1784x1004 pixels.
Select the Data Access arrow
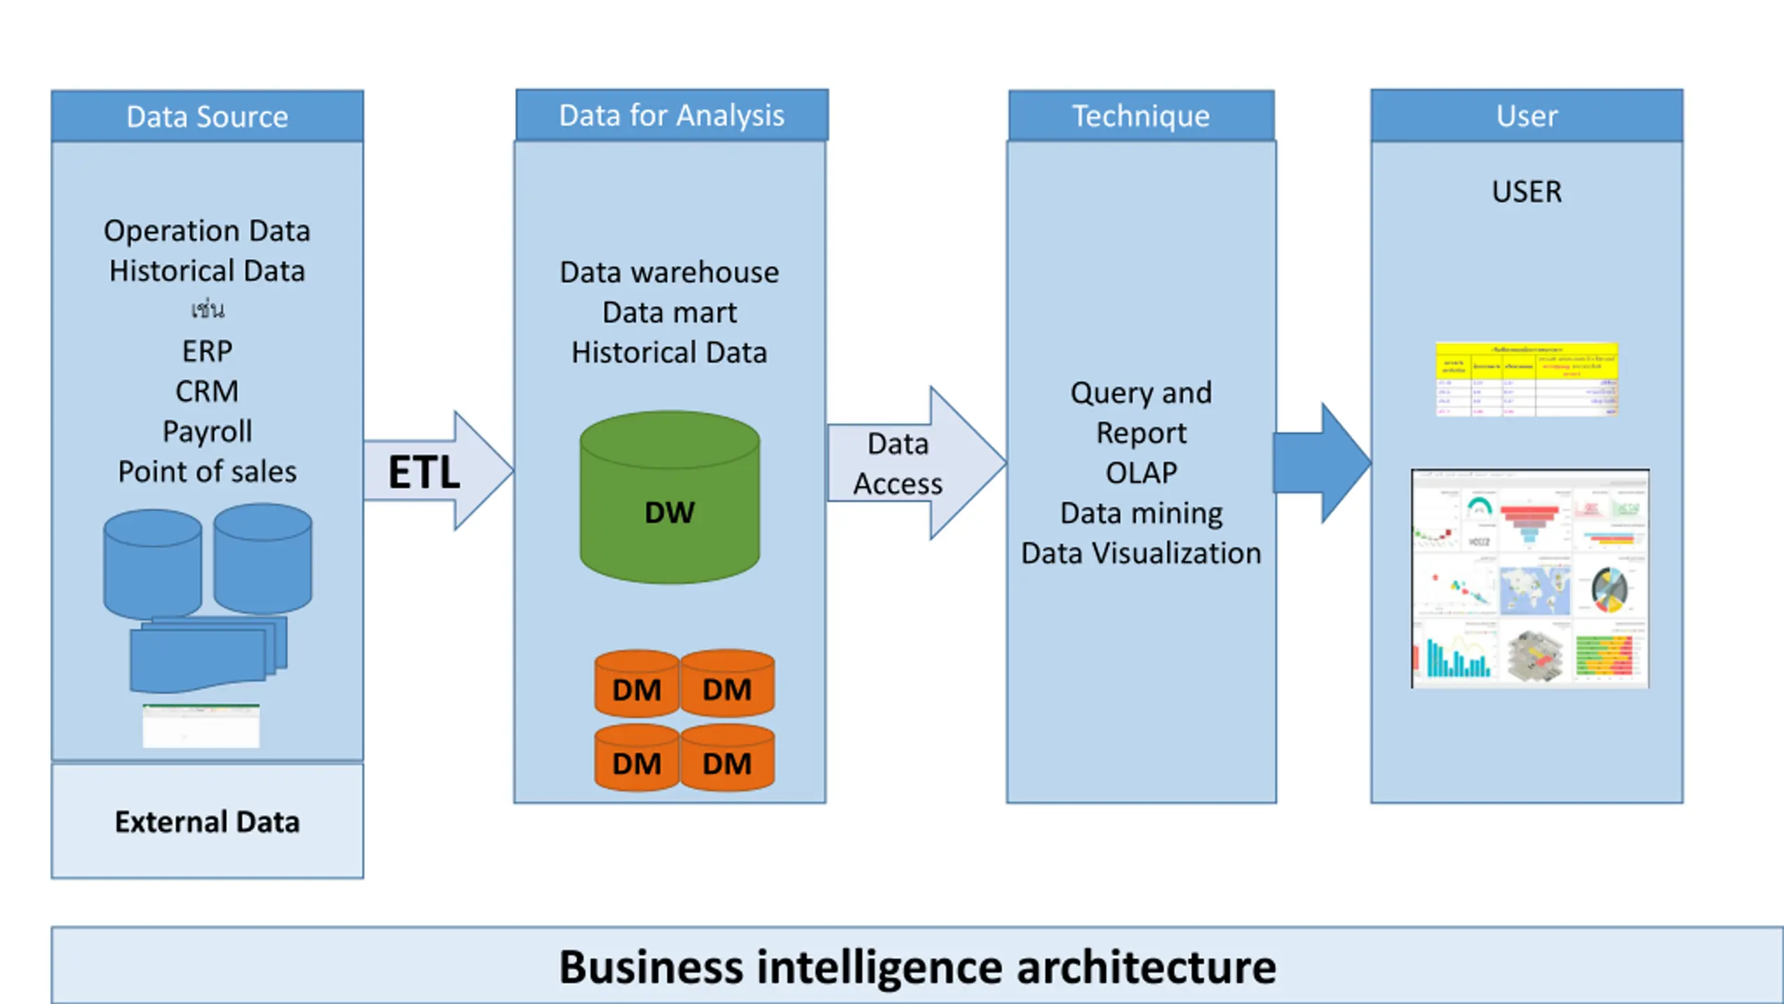pyautogui.click(x=906, y=464)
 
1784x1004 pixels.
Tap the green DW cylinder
pyautogui.click(x=670, y=498)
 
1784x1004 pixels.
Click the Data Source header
pyautogui.click(x=207, y=116)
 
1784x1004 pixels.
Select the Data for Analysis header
pyautogui.click(x=671, y=116)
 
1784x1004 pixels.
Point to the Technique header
pyautogui.click(x=1141, y=116)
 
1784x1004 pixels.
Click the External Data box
pyautogui.click(x=207, y=821)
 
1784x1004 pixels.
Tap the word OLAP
pyautogui.click(x=1141, y=473)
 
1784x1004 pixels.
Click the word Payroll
pyautogui.click(x=207, y=432)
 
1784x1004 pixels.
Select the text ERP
pyautogui.click(x=207, y=351)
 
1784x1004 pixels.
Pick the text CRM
pyautogui.click(x=207, y=391)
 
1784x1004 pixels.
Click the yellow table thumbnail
pyautogui.click(x=1526, y=379)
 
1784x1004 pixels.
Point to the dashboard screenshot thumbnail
pyautogui.click(x=1530, y=579)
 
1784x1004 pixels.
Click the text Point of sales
pyautogui.click(x=207, y=472)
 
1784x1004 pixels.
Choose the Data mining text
pyautogui.click(x=1141, y=513)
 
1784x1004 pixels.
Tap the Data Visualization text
pyautogui.click(x=1141, y=554)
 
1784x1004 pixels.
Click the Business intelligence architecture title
pyautogui.click(x=917, y=967)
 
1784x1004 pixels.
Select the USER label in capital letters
pyautogui.click(x=1526, y=192)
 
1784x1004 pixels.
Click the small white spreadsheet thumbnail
pyautogui.click(x=201, y=726)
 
